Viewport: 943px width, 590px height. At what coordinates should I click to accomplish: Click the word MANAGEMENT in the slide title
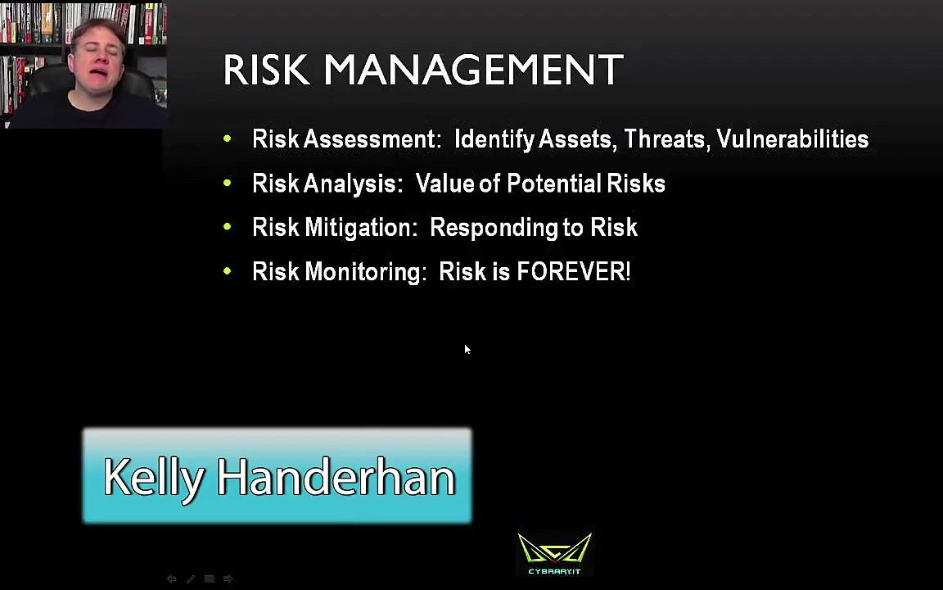(473, 70)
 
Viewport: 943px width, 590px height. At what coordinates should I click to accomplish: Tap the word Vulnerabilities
(792, 139)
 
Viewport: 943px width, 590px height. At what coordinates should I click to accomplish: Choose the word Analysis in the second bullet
(353, 184)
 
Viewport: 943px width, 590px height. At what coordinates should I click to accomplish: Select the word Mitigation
(360, 228)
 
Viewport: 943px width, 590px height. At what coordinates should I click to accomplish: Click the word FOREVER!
(573, 272)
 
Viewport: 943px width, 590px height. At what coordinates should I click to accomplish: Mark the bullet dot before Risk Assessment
(228, 139)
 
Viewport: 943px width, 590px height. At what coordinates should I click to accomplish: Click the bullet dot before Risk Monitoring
(228, 272)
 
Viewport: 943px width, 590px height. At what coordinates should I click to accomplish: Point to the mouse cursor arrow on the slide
(467, 349)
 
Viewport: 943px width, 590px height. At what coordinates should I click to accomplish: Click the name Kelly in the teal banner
(153, 477)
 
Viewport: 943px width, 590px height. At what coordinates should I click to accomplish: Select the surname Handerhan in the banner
(336, 477)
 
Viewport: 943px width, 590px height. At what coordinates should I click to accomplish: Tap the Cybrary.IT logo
(554, 554)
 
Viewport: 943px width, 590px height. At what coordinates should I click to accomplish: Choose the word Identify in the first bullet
(494, 139)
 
